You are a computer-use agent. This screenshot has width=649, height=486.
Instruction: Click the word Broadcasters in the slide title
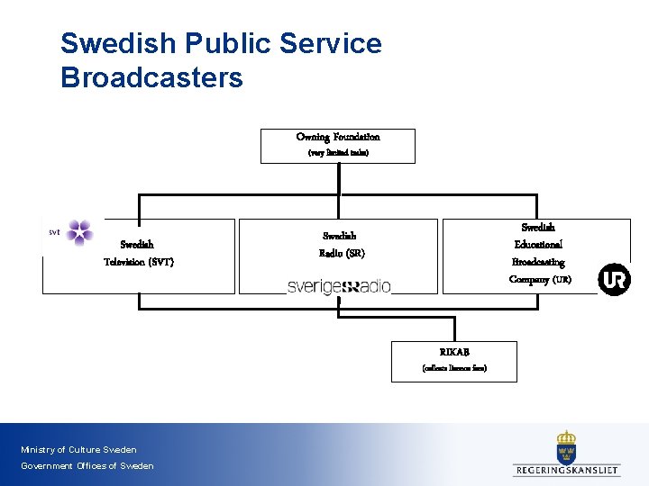click(x=151, y=77)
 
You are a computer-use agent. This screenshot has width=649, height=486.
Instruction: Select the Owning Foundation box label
click(x=338, y=137)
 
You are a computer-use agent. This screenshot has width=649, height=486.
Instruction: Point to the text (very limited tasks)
click(x=338, y=153)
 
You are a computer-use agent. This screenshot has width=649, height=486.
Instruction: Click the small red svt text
click(x=54, y=232)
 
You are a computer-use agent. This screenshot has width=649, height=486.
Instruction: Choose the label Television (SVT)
click(x=138, y=262)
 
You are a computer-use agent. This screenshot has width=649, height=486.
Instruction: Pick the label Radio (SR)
click(x=342, y=253)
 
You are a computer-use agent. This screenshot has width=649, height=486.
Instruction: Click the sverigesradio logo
click(x=339, y=286)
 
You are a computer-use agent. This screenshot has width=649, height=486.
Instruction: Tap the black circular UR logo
click(x=615, y=280)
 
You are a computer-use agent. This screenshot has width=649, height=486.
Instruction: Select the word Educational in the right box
click(x=538, y=244)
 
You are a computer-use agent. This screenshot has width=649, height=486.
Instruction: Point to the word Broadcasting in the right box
click(x=538, y=262)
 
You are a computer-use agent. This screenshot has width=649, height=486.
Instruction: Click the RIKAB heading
click(x=454, y=352)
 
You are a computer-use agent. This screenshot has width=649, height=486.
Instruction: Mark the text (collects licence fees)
click(x=454, y=368)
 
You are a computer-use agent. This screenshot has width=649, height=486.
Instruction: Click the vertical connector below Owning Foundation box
click(x=339, y=179)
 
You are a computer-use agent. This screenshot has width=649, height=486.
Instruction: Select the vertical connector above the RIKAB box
click(x=455, y=328)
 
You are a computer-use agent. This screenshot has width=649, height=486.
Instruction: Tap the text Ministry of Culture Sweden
click(x=79, y=450)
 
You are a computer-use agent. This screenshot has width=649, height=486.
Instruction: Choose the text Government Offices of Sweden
click(x=87, y=466)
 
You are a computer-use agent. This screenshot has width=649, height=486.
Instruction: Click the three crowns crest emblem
click(x=566, y=447)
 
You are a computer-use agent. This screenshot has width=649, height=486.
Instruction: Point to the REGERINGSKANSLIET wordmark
click(x=566, y=470)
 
